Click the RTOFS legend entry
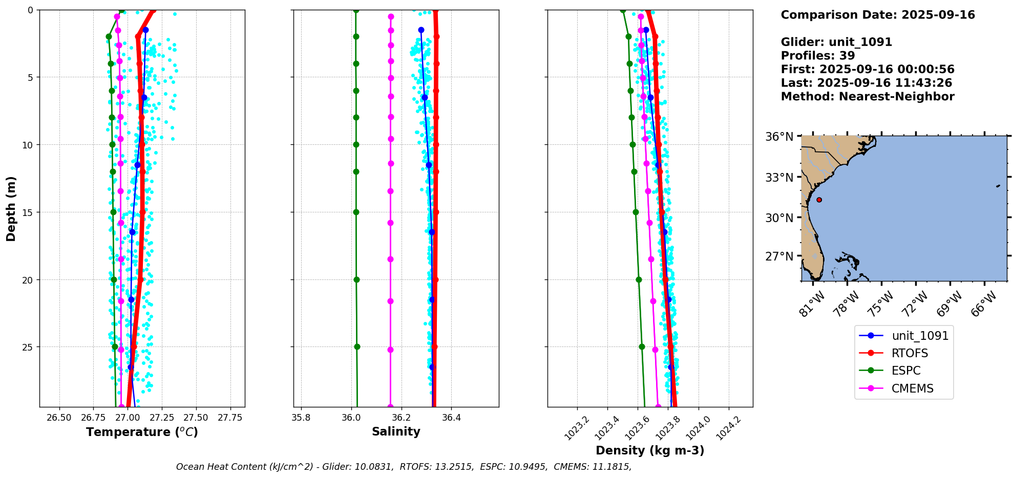click(x=909, y=353)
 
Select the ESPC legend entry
click(x=905, y=371)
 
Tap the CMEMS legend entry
click(x=912, y=388)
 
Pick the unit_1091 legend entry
click(x=920, y=336)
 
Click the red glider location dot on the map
click(x=819, y=200)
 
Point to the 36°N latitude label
click(x=779, y=137)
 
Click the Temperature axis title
click(x=142, y=432)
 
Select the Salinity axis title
click(x=396, y=431)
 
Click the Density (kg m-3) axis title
click(x=650, y=450)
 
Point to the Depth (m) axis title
click(x=11, y=208)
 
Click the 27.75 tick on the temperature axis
click(x=230, y=418)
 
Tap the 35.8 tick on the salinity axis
click(x=301, y=418)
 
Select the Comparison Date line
click(x=877, y=15)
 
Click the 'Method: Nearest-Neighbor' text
click(x=867, y=97)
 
